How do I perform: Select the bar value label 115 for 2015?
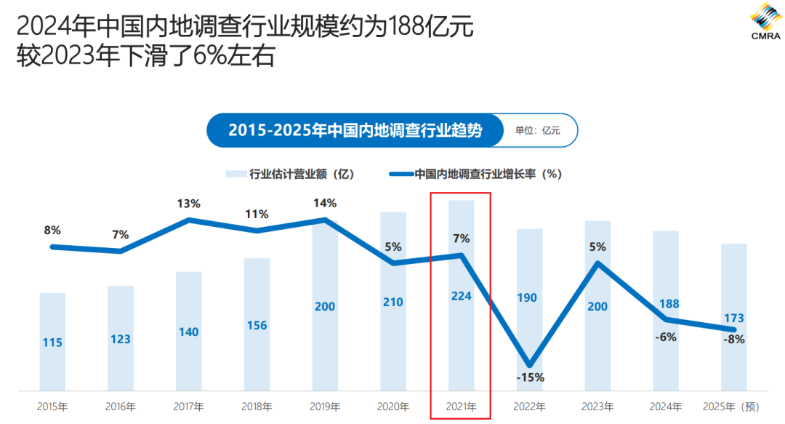(x=52, y=342)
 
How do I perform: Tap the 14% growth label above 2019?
(x=325, y=203)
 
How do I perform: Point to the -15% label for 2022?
(x=530, y=377)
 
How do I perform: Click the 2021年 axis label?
(x=461, y=407)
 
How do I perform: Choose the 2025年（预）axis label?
(x=732, y=407)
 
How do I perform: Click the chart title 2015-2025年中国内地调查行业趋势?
(x=355, y=131)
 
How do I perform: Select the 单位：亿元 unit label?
(x=538, y=131)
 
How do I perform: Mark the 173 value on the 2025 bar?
(x=734, y=318)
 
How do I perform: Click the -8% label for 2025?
(x=733, y=338)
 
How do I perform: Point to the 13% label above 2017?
(x=188, y=204)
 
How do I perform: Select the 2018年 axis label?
(x=257, y=407)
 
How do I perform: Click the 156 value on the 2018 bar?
(x=257, y=326)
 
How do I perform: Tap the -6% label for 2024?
(x=666, y=336)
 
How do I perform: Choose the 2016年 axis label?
(x=121, y=407)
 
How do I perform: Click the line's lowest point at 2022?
(x=530, y=364)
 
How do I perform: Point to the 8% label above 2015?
(x=52, y=231)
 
